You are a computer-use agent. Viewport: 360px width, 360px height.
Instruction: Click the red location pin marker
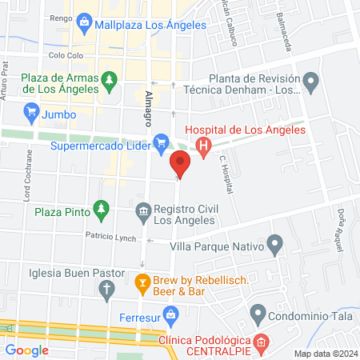pos(180,165)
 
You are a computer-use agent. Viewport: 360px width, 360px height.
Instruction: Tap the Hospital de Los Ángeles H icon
pos(203,146)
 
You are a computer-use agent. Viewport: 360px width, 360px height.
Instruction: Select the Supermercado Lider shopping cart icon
pos(161,145)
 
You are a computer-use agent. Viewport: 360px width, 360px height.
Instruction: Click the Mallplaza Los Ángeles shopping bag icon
pos(86,25)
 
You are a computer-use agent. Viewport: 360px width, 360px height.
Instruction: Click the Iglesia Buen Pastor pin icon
pos(110,294)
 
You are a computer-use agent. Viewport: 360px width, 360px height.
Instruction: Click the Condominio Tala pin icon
pos(258,313)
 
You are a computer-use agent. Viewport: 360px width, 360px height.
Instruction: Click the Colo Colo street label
pos(66,56)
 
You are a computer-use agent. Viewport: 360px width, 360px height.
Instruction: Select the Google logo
pos(27,350)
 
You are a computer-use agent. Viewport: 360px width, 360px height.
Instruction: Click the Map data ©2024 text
pos(325,354)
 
